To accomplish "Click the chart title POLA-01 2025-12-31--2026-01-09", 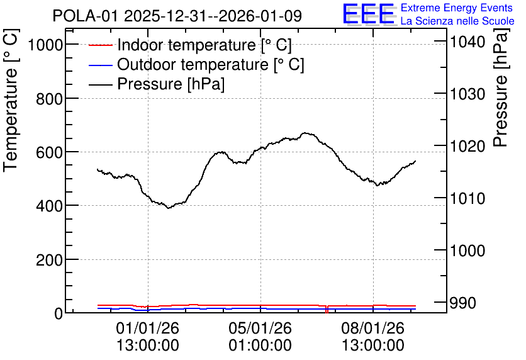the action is coord(177,16).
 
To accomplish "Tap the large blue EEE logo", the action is coord(369,14).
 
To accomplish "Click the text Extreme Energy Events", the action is coord(457,8).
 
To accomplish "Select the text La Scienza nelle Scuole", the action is coord(457,21).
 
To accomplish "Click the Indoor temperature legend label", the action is coord(204,45).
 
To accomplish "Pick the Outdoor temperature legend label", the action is coord(210,64).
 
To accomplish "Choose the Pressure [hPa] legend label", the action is coord(171,84).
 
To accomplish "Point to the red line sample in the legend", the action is coord(100,45).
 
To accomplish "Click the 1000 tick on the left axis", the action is coord(46,45).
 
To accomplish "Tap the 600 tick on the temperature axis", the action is coord(50,152).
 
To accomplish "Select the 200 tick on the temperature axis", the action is coord(50,260).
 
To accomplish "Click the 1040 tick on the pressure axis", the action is coord(467,42).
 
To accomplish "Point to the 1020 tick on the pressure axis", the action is coord(467,146).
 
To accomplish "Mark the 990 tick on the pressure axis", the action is coord(463,303).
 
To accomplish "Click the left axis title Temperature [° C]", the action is coord(11,101).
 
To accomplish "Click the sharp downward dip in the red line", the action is coord(327,310).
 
